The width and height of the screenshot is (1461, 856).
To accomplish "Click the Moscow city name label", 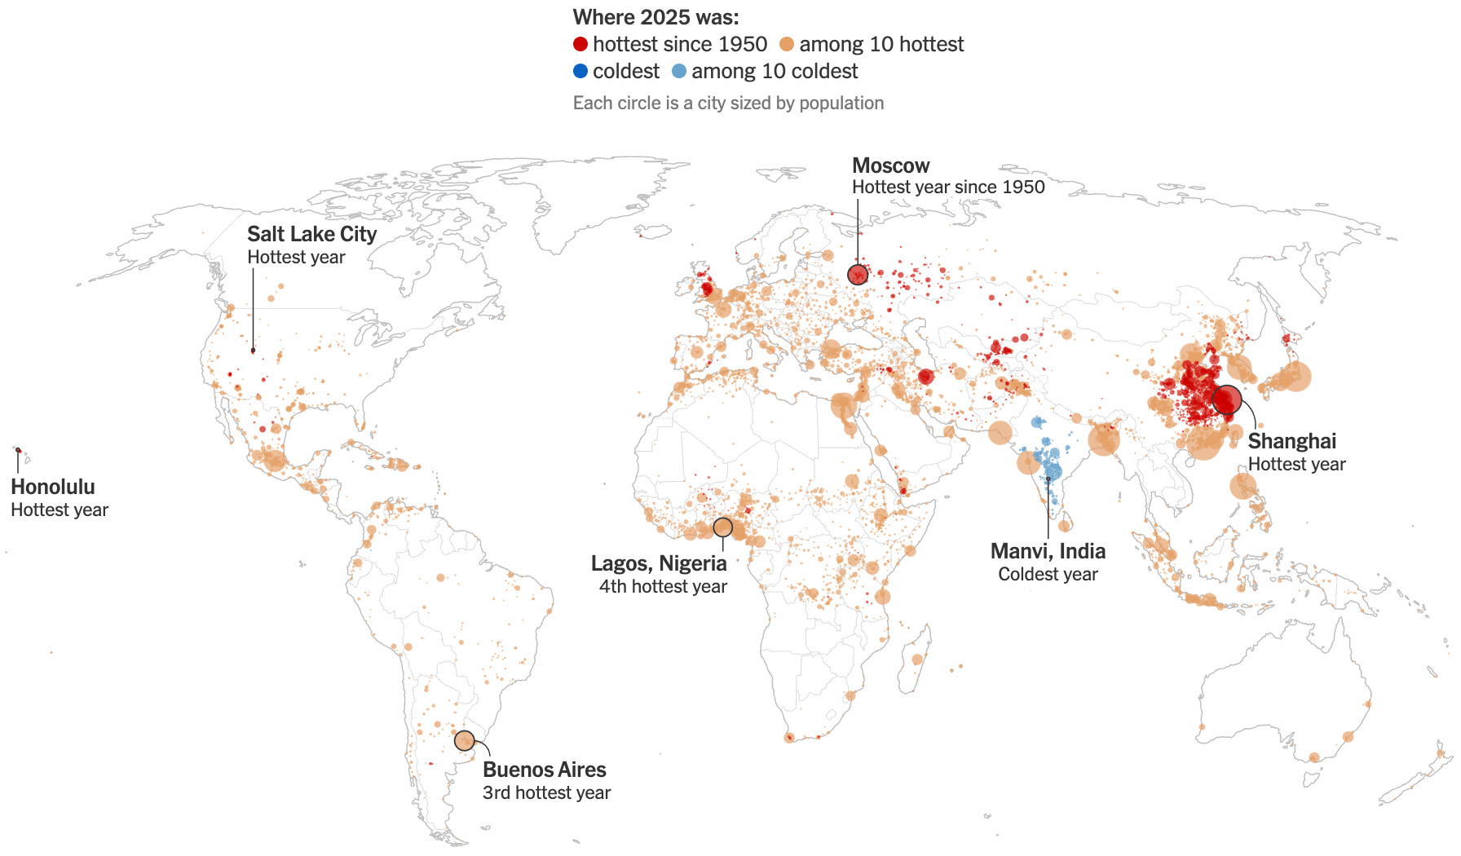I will coord(890,166).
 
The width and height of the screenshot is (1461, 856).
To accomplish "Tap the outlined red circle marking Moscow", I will coord(858,275).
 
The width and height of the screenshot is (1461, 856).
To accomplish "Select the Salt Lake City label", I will coord(311,235).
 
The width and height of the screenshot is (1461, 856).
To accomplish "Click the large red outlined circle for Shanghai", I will coord(1227,400).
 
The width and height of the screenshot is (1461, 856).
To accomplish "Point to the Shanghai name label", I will coord(1291,442).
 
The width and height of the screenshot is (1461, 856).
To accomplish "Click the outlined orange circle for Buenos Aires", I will coord(465,740).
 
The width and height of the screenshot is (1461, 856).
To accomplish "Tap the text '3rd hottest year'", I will coord(546,793).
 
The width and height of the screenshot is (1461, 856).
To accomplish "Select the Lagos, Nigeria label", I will coord(659,564).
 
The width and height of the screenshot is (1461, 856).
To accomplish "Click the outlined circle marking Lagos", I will coord(723,527).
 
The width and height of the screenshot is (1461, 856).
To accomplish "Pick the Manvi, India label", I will coord(1048,552).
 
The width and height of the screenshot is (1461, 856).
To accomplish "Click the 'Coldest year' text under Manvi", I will coord(1048,575).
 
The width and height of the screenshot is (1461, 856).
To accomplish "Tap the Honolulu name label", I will coord(53,488).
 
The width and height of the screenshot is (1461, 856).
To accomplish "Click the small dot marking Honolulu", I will coord(18,450).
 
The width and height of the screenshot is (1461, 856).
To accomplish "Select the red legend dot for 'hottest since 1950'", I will coord(580,44).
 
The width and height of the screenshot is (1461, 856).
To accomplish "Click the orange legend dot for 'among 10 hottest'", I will coord(787,44).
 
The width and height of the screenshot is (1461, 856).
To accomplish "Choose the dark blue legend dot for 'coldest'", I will coord(580,71).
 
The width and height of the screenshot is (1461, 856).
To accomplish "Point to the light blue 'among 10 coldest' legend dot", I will coord(679,71).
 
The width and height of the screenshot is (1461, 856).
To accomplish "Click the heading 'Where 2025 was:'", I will coord(655,17).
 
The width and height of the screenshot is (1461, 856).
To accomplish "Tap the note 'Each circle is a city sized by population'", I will coord(728,104).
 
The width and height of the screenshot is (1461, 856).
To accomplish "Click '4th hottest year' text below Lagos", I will coord(663,587).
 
